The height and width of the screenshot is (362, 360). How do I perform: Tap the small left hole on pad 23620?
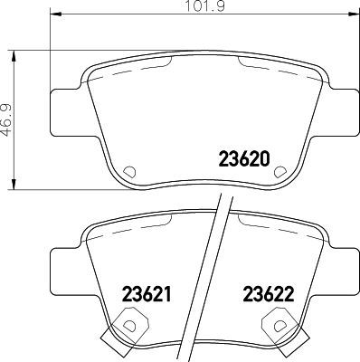coord(127,170)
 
